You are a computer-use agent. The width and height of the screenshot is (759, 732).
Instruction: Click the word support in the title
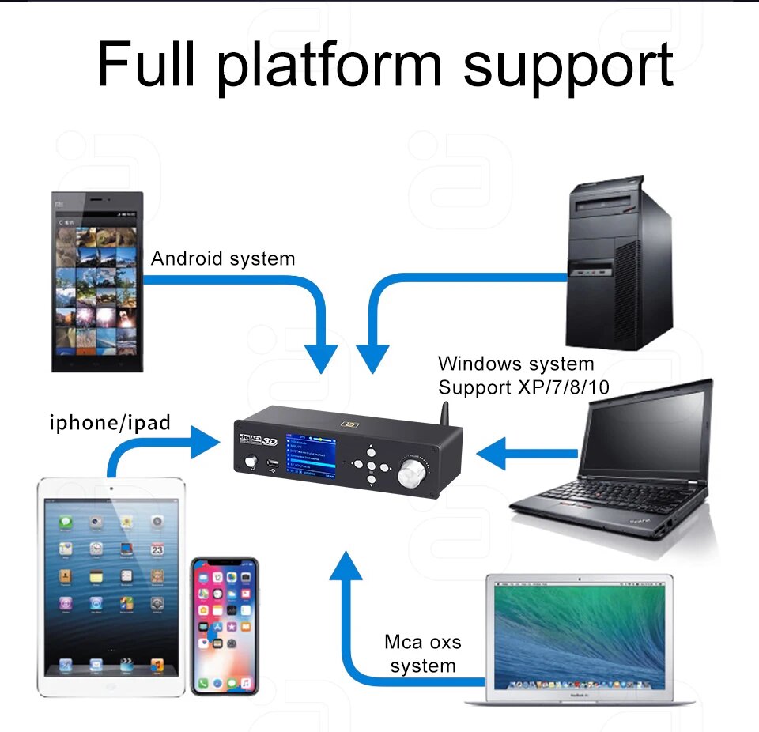[568, 65]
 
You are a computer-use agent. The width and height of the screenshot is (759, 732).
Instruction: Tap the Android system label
[223, 258]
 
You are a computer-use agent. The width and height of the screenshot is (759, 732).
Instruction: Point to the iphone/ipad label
[110, 422]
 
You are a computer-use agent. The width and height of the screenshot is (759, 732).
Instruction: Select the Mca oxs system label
[423, 654]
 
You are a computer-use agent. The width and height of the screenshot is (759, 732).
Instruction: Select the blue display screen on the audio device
[311, 456]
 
